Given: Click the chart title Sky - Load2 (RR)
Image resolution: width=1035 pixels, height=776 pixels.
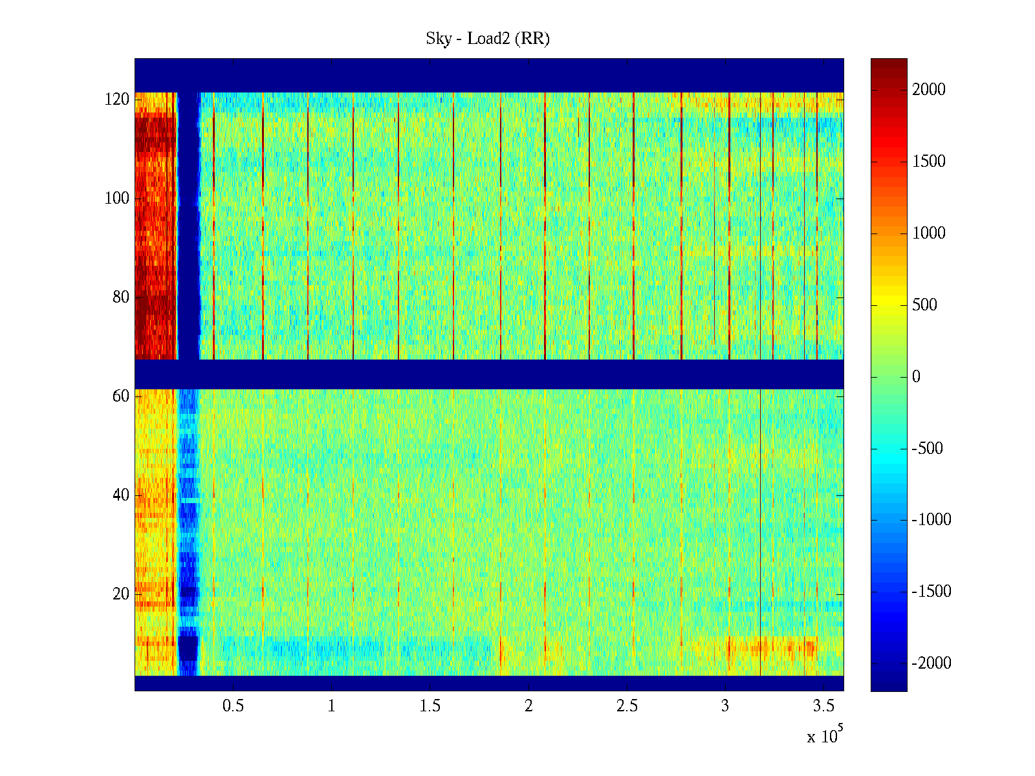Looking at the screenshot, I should point(488,39).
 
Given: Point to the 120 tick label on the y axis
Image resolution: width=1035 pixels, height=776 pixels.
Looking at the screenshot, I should point(117,100).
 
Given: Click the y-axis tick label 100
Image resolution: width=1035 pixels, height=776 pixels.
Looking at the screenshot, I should point(117,199).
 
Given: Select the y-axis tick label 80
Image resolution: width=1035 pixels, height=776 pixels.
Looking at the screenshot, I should point(121,297).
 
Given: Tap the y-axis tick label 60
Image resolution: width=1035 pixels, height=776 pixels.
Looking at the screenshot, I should point(121,396).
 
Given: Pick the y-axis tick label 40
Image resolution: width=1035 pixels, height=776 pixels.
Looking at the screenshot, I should point(121,495).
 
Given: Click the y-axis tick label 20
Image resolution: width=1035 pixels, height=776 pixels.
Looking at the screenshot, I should point(121,594).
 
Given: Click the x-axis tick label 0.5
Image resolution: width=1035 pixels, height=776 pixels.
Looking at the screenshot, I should point(233,706).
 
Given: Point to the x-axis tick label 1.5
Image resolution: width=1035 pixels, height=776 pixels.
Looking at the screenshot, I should point(430,706).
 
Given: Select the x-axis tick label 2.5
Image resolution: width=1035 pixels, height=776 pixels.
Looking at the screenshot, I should point(627,706).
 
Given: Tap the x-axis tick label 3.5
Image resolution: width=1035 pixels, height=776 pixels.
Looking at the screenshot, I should point(823,706).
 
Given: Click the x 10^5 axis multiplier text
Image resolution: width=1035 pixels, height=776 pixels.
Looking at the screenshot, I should point(824,736).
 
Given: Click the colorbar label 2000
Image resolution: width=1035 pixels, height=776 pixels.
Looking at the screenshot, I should point(929,90).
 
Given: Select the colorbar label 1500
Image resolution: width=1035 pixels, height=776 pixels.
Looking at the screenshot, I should point(929,162).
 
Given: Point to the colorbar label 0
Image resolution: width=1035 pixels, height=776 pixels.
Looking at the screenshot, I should point(916,377).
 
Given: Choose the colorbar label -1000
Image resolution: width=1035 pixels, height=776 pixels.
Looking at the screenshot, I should point(931,520).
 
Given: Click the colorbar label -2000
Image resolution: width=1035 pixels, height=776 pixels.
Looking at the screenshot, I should point(931,663).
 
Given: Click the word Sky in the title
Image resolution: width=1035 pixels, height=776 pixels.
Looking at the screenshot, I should point(438,39).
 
